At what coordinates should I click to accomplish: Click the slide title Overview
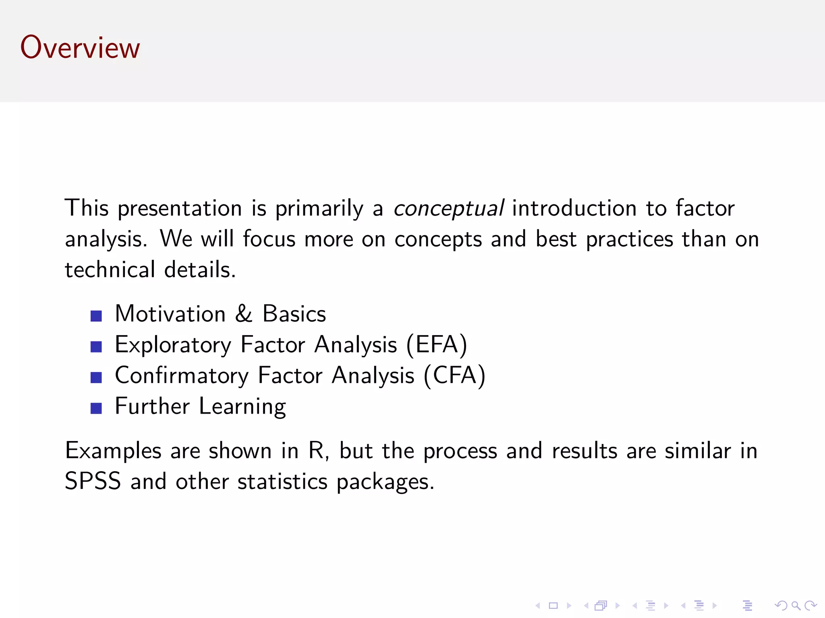(80, 47)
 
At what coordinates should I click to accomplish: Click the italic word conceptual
(448, 209)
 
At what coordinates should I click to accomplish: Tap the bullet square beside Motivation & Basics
(96, 316)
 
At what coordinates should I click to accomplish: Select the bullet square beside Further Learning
(96, 408)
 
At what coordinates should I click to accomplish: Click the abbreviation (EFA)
(437, 345)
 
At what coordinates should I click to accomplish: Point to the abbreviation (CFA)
(454, 376)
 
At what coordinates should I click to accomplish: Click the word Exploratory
(173, 345)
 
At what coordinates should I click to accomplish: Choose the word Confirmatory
(182, 376)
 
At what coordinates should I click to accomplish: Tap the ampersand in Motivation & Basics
(244, 314)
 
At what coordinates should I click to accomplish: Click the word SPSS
(93, 481)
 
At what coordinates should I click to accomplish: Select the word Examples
(113, 451)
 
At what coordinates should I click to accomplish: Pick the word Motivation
(170, 314)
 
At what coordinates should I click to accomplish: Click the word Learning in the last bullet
(243, 406)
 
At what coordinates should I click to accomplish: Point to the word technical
(110, 270)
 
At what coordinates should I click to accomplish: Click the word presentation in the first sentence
(180, 209)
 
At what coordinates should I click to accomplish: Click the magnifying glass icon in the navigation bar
(796, 606)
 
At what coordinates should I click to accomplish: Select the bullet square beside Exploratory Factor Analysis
(96, 346)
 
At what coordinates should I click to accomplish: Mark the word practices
(629, 239)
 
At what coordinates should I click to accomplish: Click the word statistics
(282, 481)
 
